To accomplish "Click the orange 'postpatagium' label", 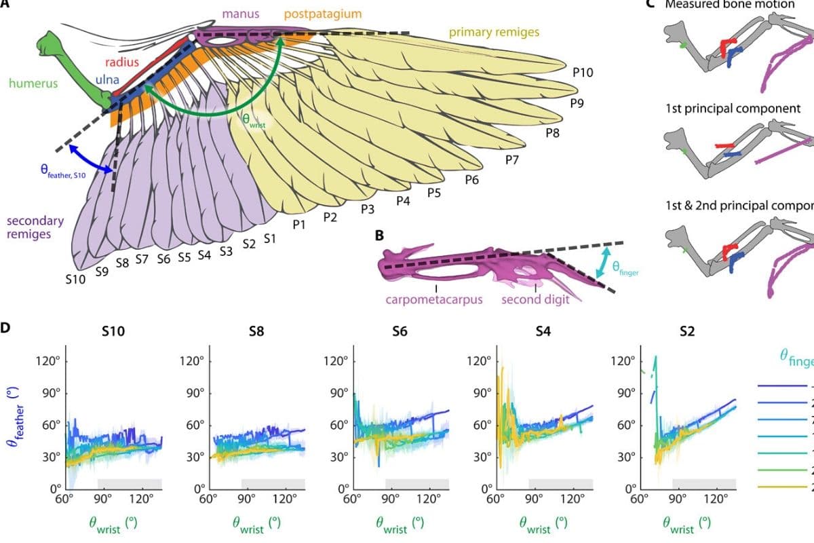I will pos(322,14).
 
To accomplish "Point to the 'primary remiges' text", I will pos(494,31).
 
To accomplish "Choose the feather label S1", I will pos(269,238).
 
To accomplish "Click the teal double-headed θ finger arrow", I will pos(599,263).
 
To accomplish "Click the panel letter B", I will pos(379,236).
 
